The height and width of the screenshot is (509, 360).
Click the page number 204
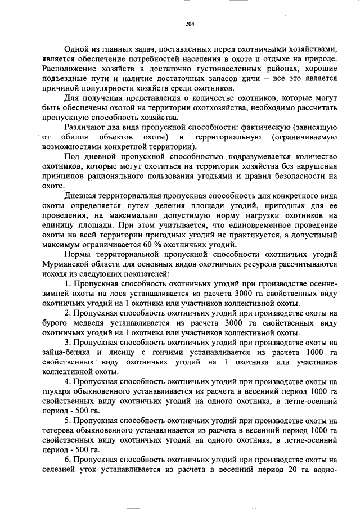click(189, 24)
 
